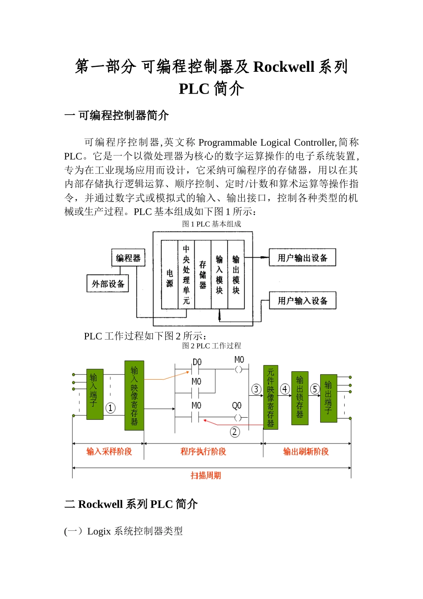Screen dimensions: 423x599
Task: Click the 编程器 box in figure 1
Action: point(128,258)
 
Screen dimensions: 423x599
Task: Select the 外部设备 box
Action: point(108,283)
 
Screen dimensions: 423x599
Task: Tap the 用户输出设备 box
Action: point(302,258)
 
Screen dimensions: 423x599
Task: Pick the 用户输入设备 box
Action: point(302,301)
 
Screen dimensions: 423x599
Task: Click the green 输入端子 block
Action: point(94,394)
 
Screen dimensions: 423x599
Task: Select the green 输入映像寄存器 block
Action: point(134,395)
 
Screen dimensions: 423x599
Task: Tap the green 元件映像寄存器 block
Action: point(271,398)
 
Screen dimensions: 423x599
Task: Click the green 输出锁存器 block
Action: point(300,398)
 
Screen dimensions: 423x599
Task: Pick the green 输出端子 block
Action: point(328,398)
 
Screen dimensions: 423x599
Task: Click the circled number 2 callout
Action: point(235,432)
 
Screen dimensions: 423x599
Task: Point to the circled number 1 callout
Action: point(110,408)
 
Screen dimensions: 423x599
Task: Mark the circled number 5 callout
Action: point(315,389)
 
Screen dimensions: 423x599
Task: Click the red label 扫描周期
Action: point(206,476)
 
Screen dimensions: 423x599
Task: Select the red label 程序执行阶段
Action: point(203,451)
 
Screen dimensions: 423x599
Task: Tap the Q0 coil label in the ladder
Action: point(237,406)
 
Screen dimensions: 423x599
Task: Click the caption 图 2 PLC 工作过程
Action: point(211,346)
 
